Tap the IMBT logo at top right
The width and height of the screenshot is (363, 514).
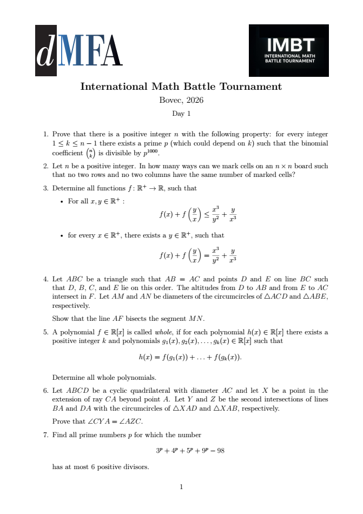pyautogui.click(x=288, y=50)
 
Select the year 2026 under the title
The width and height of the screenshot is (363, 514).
pyautogui.click(x=194, y=100)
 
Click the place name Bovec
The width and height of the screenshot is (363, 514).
pyautogui.click(x=170, y=100)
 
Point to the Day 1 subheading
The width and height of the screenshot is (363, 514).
pyautogui.click(x=181, y=114)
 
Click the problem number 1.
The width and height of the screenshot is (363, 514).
pyautogui.click(x=45, y=134)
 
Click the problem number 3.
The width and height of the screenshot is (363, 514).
pyautogui.click(x=45, y=188)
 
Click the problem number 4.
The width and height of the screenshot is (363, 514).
pyautogui.click(x=45, y=279)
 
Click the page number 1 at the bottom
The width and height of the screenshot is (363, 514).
pyautogui.click(x=181, y=487)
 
